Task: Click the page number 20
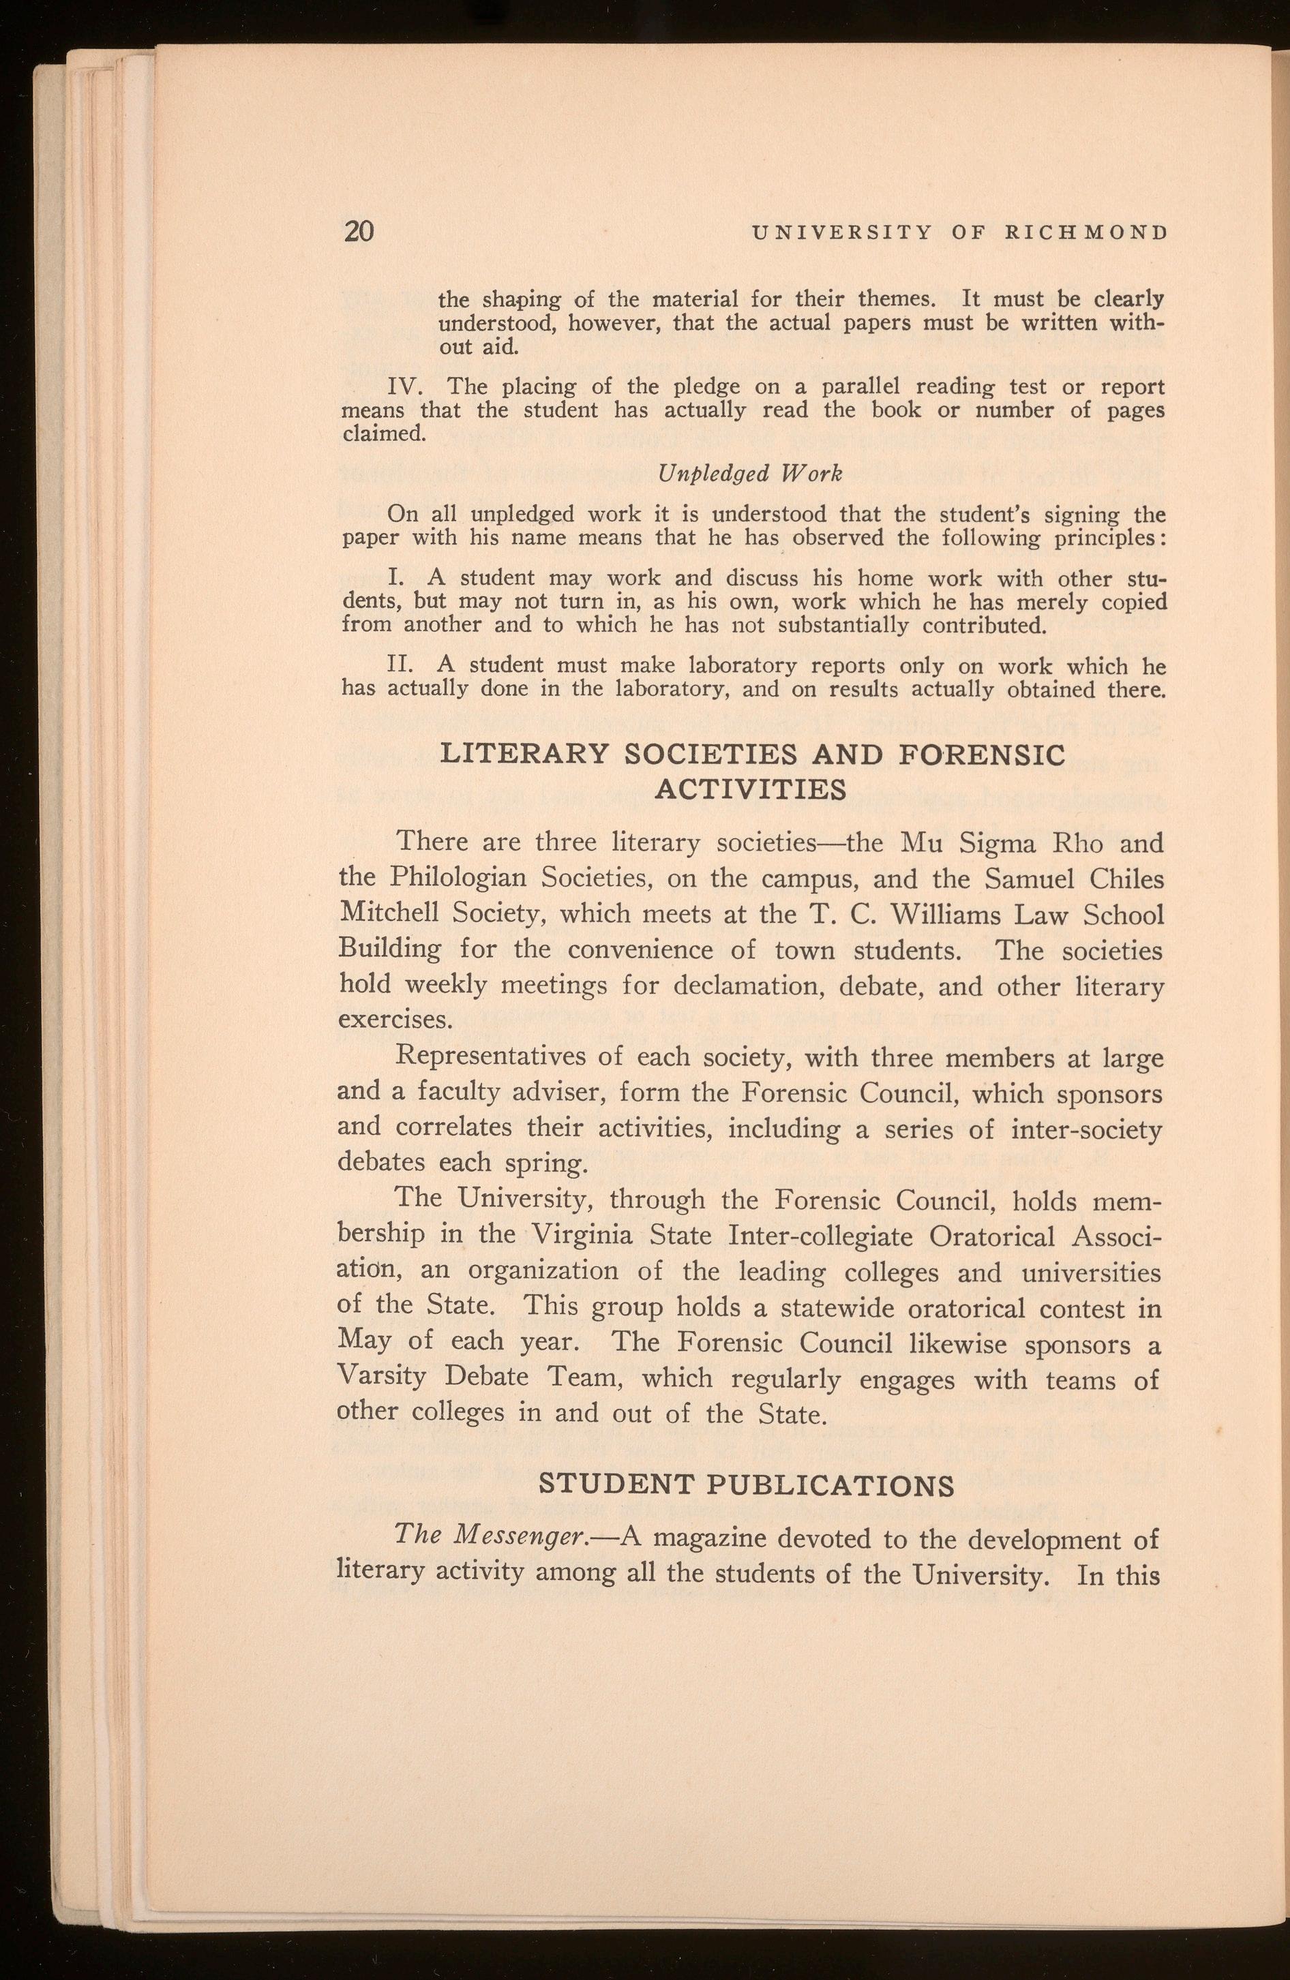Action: [x=359, y=230]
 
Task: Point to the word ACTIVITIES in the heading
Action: [x=751, y=787]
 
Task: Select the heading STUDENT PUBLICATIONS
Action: [x=747, y=1485]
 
